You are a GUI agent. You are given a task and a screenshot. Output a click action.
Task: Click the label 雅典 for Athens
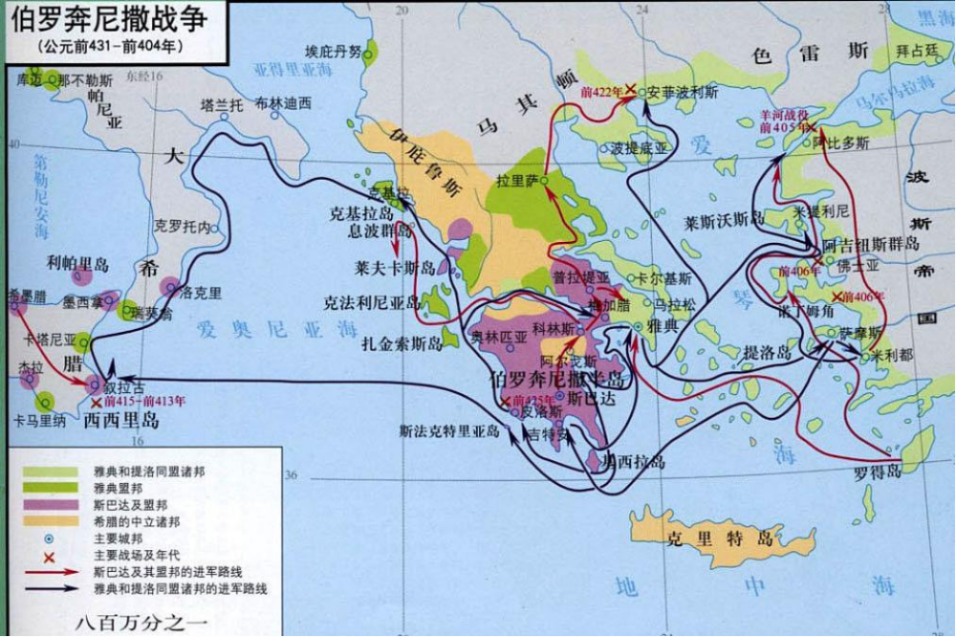[660, 326]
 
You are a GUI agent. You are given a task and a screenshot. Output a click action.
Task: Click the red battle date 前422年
[600, 93]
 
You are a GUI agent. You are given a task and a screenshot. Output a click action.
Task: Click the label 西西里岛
[121, 421]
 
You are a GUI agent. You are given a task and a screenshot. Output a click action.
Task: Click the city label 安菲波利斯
[683, 94]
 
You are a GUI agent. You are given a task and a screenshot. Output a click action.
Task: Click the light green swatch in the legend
[46, 471]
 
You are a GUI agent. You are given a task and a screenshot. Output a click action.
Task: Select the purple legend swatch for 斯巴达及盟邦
[46, 504]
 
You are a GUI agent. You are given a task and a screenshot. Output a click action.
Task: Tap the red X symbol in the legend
[46, 556]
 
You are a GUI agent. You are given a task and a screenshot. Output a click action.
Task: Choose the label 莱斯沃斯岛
[725, 220]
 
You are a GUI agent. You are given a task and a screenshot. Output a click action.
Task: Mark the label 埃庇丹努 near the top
[333, 52]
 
